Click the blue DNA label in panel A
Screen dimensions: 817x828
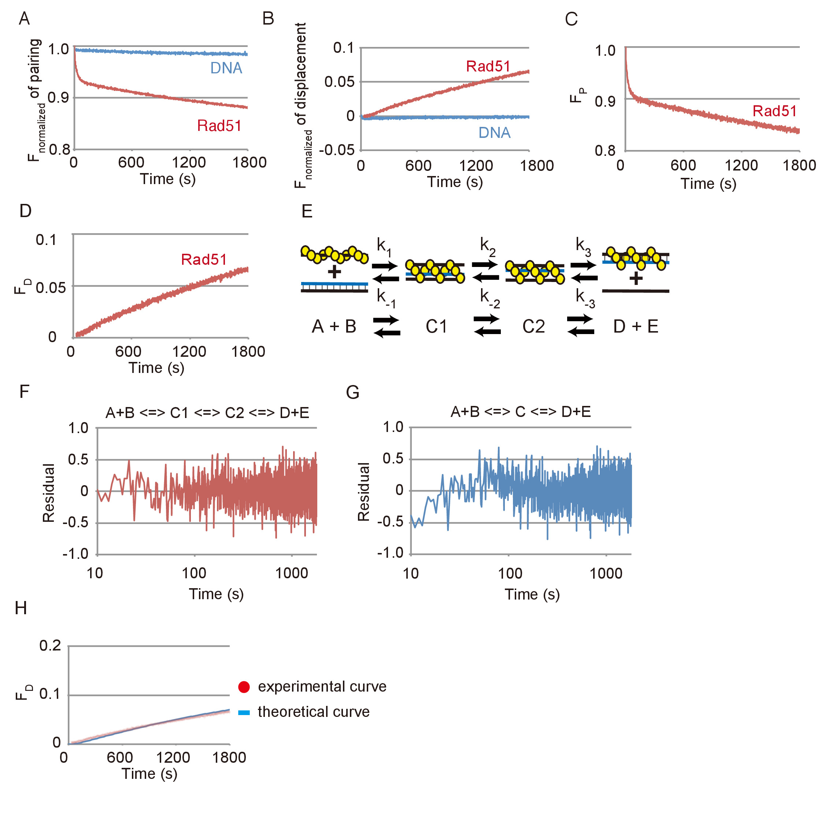(226, 68)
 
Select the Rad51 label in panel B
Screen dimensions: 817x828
(488, 66)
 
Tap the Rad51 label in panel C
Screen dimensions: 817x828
(774, 111)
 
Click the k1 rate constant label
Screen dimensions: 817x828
(384, 246)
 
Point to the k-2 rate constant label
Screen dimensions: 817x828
(489, 298)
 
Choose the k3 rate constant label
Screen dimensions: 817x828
(583, 246)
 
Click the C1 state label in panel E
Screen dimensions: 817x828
(436, 327)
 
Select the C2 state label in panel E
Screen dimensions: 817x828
(533, 327)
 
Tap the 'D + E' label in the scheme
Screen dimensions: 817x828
(635, 327)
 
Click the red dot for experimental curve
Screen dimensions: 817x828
(244, 687)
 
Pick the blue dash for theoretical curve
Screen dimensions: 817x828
(244, 713)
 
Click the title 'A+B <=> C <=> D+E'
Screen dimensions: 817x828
(520, 412)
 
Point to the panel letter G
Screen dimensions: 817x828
(352, 392)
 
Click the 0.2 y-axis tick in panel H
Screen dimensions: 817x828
(50, 645)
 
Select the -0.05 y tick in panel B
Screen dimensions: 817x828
(337, 150)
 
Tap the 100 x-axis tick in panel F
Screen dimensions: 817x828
(194, 573)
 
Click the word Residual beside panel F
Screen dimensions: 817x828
(48, 492)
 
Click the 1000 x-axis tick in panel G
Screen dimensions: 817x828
(606, 574)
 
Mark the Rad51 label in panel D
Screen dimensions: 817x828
(204, 260)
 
